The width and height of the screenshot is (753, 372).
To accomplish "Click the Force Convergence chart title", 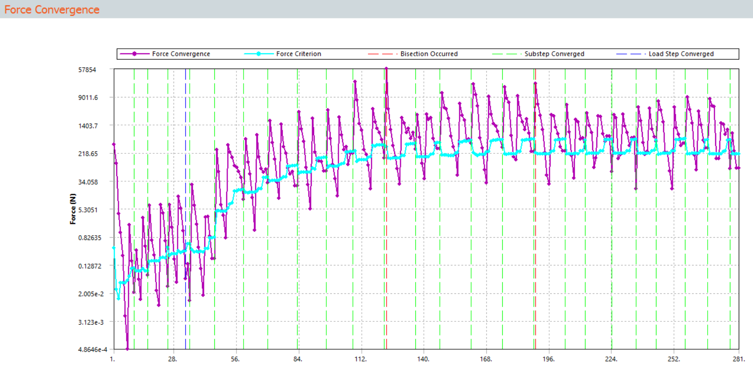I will coord(52,9).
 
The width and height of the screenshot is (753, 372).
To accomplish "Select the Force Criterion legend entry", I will coord(298,54).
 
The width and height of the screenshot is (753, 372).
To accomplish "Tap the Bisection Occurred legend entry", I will coord(429,54).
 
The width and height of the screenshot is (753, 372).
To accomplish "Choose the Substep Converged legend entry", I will coord(554,54).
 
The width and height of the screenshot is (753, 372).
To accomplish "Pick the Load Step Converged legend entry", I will coord(681,54).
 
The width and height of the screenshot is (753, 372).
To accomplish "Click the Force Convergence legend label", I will coord(181,54).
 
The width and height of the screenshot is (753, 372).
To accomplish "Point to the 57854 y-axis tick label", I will coord(87,70).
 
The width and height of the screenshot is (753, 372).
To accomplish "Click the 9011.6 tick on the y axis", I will coord(88,97).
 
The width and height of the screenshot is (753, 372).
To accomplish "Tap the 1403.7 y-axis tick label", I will coord(88,126).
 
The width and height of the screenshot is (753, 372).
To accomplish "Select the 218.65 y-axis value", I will coord(88,154).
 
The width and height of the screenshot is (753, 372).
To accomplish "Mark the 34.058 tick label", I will coord(88,182).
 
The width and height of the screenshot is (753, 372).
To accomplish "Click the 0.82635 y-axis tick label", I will coord(90,238).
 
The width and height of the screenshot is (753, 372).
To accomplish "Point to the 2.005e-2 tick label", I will coord(91,294).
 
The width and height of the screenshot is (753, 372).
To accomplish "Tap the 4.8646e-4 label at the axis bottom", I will coord(93,350).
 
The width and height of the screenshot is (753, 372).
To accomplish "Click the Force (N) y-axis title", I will coord(73,209).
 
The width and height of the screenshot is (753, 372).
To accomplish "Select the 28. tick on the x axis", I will coord(172,359).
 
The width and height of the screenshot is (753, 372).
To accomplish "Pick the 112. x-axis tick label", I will coord(360,359).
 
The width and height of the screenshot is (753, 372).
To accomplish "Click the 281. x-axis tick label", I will coord(738,359).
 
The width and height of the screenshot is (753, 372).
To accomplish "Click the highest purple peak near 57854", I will coord(386,69).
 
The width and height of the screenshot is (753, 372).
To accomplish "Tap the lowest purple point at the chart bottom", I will coord(127,349).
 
